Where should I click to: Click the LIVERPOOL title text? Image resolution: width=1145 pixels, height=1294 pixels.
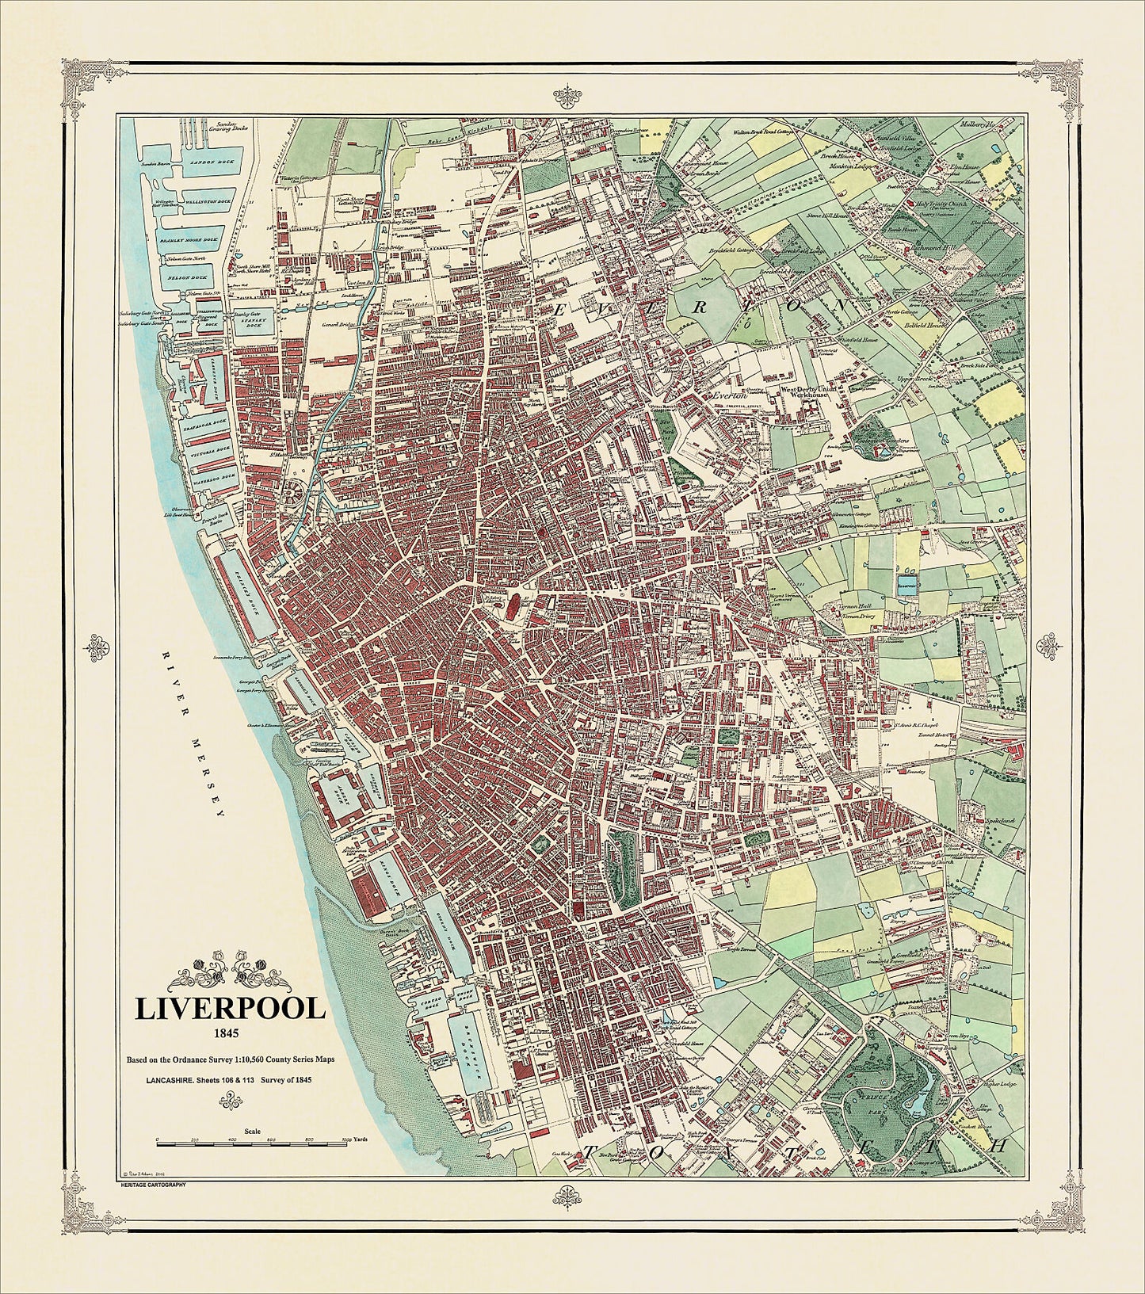(x=231, y=1009)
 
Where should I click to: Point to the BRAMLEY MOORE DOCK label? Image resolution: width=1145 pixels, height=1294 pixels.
(x=199, y=238)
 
